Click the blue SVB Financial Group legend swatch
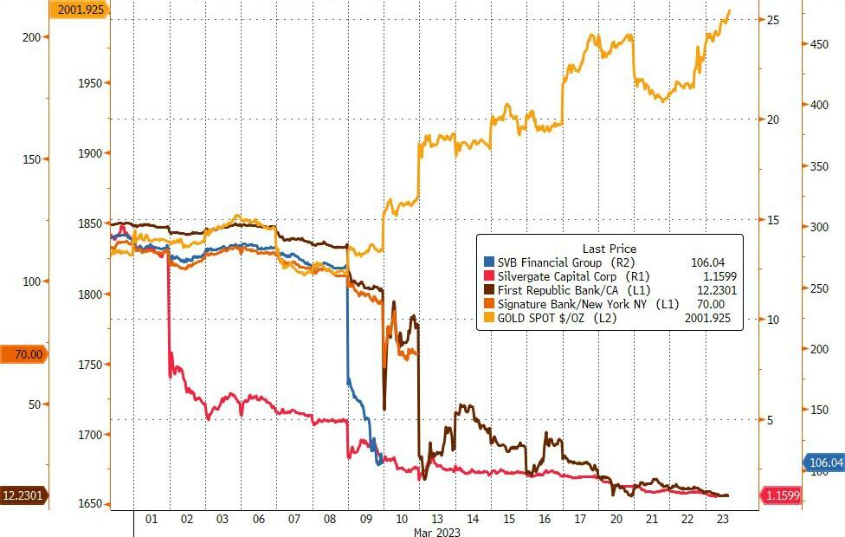tap(488, 261)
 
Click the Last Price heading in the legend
tap(610, 248)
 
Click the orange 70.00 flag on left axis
tap(25, 353)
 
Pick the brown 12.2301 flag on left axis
tap(25, 495)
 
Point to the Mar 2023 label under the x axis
tap(437, 531)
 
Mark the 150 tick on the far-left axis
tap(30, 159)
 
